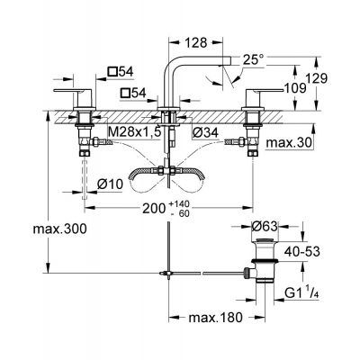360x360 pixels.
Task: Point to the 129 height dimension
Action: [x=340, y=80]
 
